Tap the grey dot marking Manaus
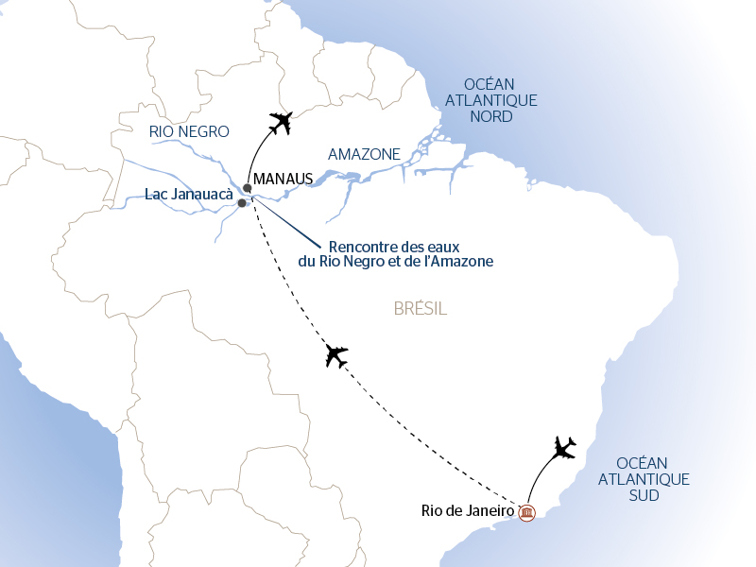pos(248,187)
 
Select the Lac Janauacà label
pos(189,195)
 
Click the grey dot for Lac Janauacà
pos(242,203)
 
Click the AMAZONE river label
pos(364,154)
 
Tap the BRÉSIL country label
pos(419,309)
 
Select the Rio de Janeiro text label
pos(467,511)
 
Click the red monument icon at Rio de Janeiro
pos(526,513)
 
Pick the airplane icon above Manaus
pos(282,123)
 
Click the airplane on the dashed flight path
pos(335,355)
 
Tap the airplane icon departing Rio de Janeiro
pos(564,446)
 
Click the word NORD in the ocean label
pos(490,117)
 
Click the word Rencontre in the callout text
pos(356,245)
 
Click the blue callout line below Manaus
pos(288,221)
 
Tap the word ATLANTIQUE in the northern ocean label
pos(490,100)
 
